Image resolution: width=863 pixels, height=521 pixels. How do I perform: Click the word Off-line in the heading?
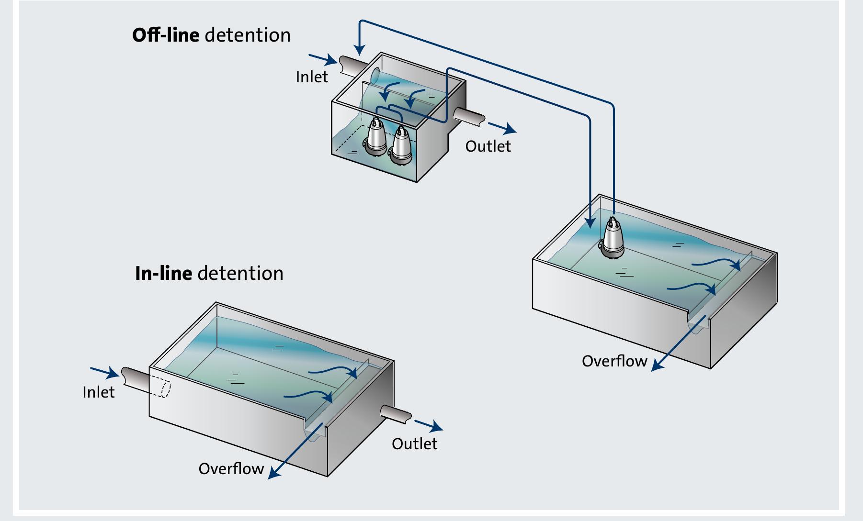tap(166, 35)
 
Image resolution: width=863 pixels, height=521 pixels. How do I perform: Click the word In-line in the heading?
tap(163, 273)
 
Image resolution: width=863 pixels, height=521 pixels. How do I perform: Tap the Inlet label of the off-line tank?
tap(312, 77)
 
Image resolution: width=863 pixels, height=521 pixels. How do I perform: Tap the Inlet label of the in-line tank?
tap(99, 392)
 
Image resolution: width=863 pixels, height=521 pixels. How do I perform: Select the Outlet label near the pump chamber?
tap(488, 146)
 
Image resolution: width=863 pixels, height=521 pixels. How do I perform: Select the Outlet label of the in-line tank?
tap(414, 443)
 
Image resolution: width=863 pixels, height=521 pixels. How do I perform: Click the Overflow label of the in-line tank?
tap(231, 468)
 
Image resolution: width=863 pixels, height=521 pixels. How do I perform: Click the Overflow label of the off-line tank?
tap(614, 361)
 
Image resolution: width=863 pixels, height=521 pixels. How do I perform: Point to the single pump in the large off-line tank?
tap(612, 239)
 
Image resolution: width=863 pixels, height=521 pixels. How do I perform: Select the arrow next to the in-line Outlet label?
tap(429, 425)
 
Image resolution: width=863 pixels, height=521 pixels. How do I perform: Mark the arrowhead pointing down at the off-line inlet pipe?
tap(360, 49)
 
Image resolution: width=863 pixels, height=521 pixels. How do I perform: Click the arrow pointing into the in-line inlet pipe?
tap(104, 372)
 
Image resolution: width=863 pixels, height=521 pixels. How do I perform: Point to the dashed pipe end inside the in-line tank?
tap(163, 388)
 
